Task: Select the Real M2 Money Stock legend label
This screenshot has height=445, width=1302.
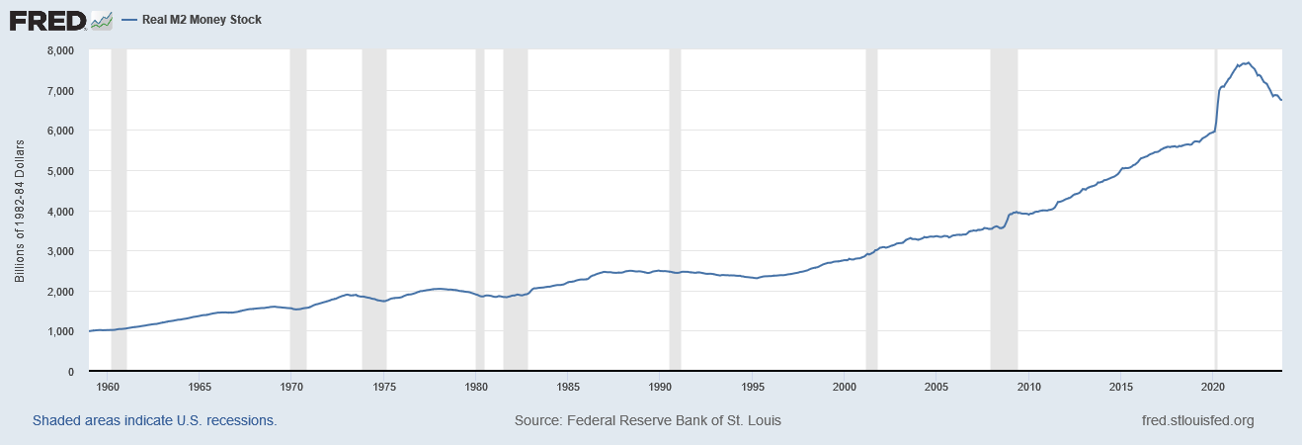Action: (x=202, y=20)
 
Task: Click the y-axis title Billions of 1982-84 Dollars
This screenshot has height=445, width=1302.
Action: (x=19, y=211)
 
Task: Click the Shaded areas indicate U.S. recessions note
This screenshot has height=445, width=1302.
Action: (x=154, y=420)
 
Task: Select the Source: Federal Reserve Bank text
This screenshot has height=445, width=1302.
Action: (x=647, y=420)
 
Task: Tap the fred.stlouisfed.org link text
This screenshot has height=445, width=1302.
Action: (x=1197, y=420)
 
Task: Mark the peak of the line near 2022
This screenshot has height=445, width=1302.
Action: (x=1248, y=63)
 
